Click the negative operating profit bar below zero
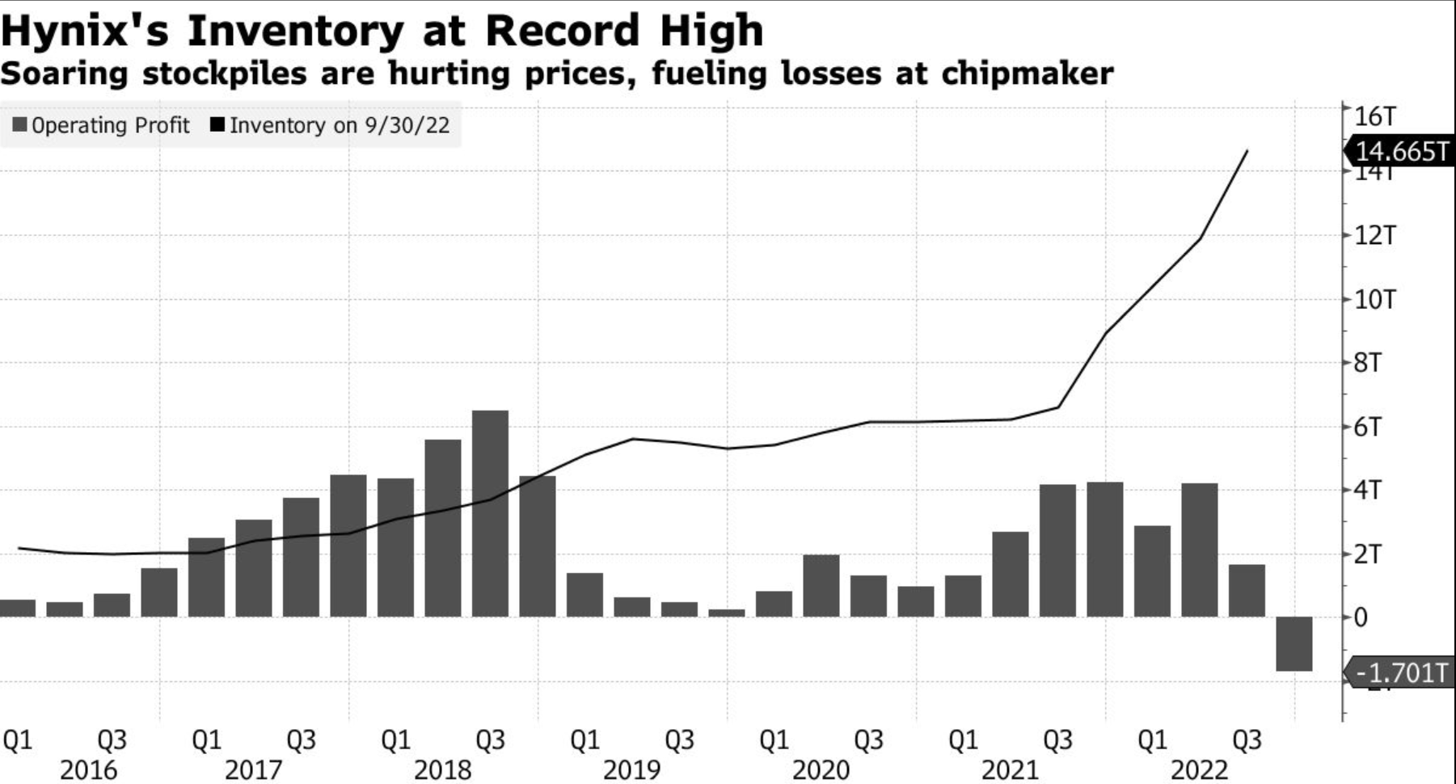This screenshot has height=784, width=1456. tap(1294, 643)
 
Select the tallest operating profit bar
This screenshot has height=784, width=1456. tap(490, 513)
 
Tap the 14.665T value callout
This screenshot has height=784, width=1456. tap(1401, 151)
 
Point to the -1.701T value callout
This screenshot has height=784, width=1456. tap(1402, 672)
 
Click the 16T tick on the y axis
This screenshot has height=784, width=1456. tap(1374, 116)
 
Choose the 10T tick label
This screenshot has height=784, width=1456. tap(1374, 300)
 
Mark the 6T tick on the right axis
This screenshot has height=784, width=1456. tap(1367, 427)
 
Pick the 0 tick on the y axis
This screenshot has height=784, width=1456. tap(1361, 618)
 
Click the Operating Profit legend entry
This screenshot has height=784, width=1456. tap(102, 125)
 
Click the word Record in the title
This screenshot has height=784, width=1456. tap(562, 32)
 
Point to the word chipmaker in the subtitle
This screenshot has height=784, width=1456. tap(1027, 74)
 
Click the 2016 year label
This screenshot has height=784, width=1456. tap(88, 769)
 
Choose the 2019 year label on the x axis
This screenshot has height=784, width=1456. tap(631, 769)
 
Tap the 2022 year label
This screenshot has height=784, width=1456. tap(1199, 769)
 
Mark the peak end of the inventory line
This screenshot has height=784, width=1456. tap(1247, 151)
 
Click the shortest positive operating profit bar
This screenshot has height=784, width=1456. tap(726, 613)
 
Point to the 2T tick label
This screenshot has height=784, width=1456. tap(1367, 554)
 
